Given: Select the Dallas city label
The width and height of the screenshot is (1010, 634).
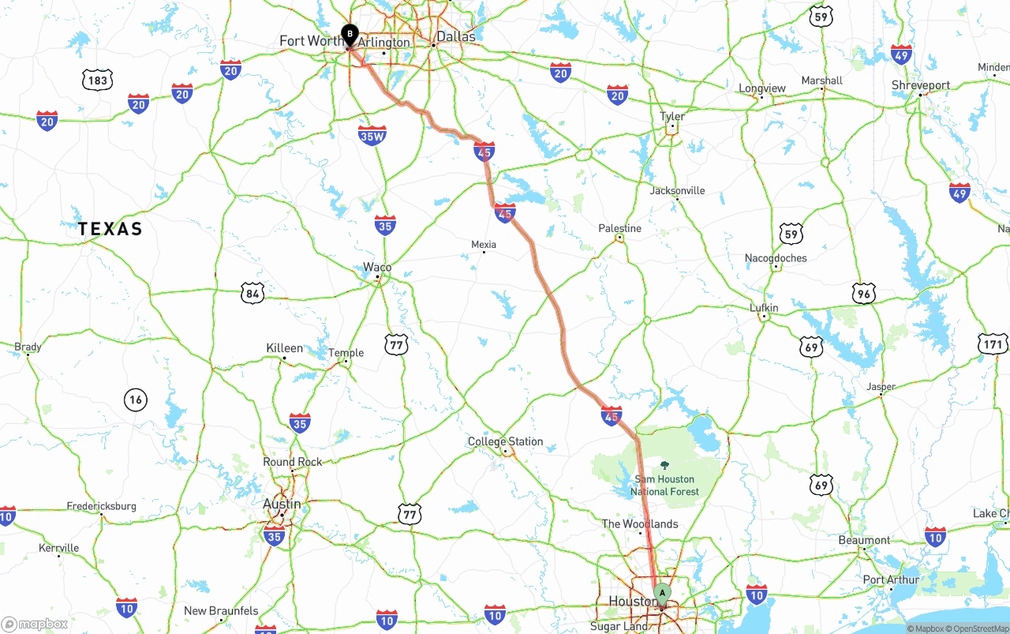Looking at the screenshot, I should [456, 36].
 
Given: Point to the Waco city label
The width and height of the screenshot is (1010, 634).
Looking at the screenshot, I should [377, 267].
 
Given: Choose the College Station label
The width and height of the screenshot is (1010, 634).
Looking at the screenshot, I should [505, 441].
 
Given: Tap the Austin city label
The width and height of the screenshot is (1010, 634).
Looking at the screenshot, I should [282, 504].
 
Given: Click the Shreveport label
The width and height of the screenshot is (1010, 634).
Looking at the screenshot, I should [921, 84].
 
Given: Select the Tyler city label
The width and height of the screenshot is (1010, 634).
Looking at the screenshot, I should [672, 116].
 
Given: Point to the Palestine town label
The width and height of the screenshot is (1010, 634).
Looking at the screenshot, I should [620, 228].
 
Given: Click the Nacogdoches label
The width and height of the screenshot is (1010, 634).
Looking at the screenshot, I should [776, 257].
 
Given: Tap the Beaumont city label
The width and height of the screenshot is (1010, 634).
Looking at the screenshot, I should [864, 540].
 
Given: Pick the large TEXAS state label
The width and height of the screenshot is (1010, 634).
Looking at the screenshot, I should [110, 229].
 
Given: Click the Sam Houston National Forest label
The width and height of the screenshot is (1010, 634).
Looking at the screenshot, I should [664, 485].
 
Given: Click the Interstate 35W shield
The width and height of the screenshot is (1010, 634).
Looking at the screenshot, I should [372, 135].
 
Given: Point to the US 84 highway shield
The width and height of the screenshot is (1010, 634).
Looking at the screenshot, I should [252, 294].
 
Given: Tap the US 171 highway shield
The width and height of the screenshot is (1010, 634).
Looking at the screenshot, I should [993, 344].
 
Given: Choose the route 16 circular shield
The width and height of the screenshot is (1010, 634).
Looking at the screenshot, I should [136, 400].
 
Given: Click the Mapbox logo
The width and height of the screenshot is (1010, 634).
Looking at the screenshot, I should [35, 625].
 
